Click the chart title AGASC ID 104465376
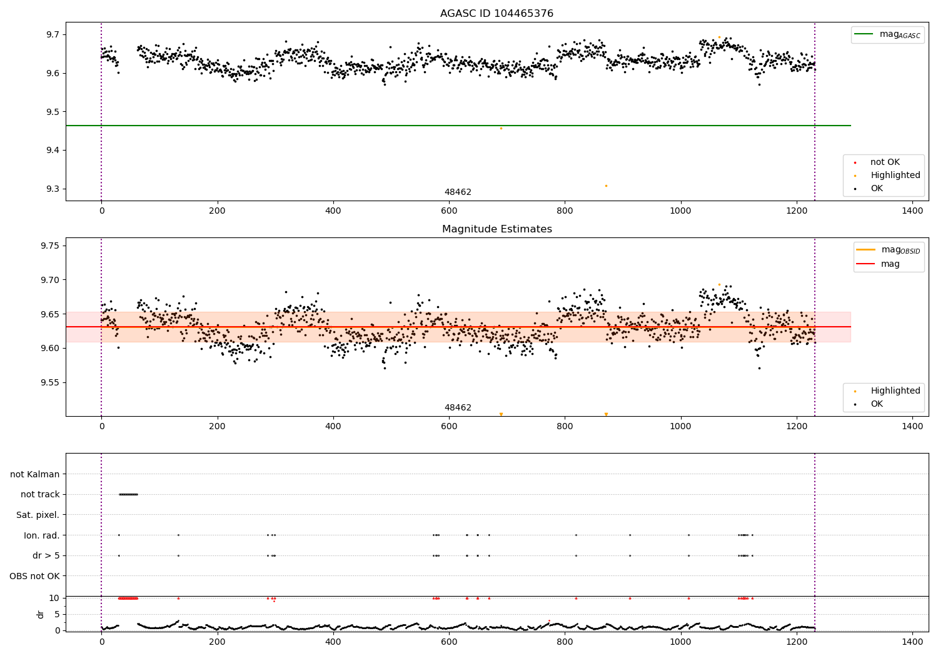(x=497, y=14)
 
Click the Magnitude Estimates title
(x=497, y=229)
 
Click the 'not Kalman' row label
(x=35, y=475)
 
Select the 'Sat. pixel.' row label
(x=38, y=515)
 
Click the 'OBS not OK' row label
(x=34, y=576)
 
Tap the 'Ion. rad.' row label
(x=41, y=535)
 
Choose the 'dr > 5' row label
(x=46, y=556)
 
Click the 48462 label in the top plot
(x=458, y=192)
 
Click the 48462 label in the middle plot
(x=458, y=408)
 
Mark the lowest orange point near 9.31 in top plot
(x=606, y=186)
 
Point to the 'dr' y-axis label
(x=41, y=614)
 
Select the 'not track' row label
(x=40, y=495)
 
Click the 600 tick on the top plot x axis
(x=449, y=211)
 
